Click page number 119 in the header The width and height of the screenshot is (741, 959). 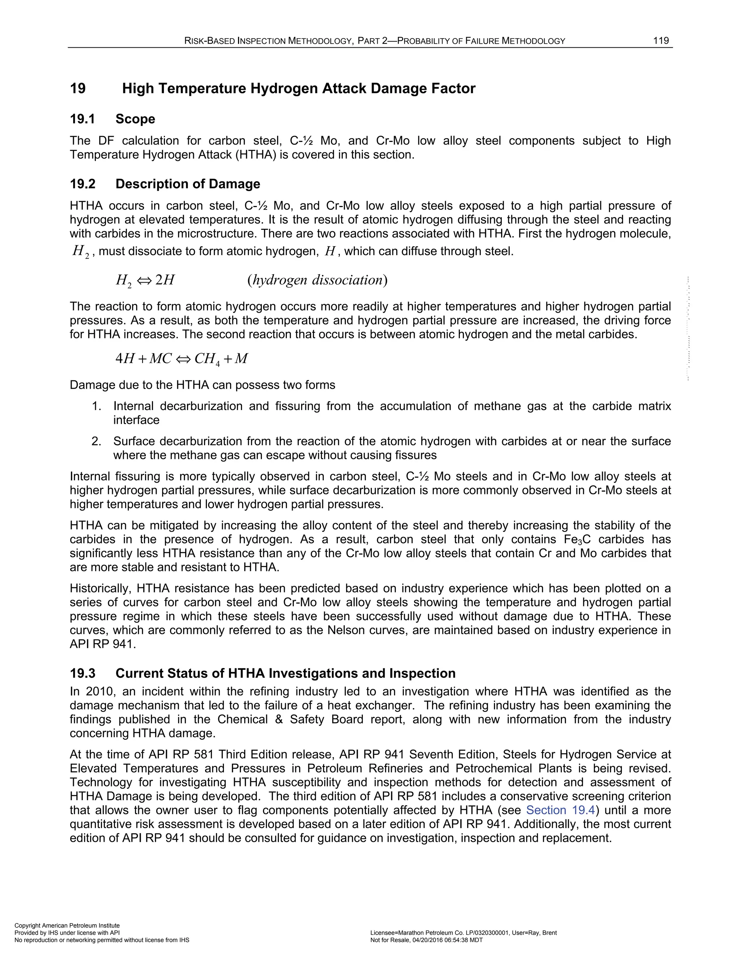pyautogui.click(x=661, y=41)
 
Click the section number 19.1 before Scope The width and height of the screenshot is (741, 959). pyautogui.click(x=82, y=119)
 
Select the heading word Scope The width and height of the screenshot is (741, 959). pyautogui.click(x=135, y=119)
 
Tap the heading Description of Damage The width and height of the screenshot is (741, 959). pyautogui.click(x=188, y=183)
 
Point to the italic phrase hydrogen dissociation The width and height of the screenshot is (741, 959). pyautogui.click(x=317, y=280)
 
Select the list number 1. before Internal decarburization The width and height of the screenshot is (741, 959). pyautogui.click(x=97, y=406)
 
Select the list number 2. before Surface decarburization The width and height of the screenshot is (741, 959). pyautogui.click(x=97, y=441)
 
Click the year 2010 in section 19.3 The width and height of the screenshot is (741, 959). pyautogui.click(x=99, y=692)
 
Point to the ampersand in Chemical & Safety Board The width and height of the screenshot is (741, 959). pyautogui.click(x=278, y=719)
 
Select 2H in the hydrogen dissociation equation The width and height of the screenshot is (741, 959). pyautogui.click(x=165, y=280)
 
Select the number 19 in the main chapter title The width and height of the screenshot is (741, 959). pyautogui.click(x=78, y=89)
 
